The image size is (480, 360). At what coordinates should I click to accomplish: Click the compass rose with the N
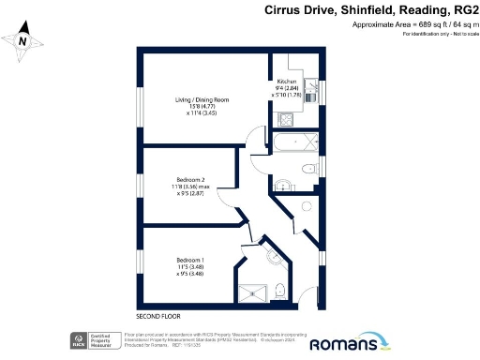click(24, 42)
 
